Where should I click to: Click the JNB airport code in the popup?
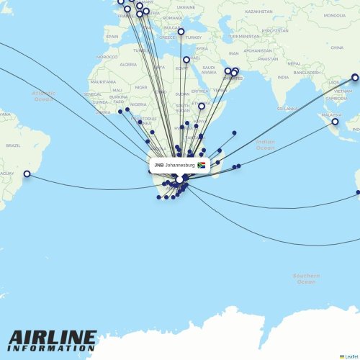(x=158, y=165)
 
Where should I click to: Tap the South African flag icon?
(x=202, y=165)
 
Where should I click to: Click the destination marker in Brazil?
(x=27, y=174)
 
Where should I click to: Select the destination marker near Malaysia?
(x=335, y=122)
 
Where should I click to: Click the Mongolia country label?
(x=334, y=15)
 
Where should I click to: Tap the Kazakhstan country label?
(x=258, y=12)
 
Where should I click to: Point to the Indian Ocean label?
(x=265, y=145)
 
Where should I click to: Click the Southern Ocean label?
(x=306, y=278)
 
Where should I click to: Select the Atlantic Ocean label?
(x=43, y=95)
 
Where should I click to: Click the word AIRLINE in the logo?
(x=52, y=337)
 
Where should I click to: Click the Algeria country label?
(x=127, y=64)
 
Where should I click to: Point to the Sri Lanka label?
(x=287, y=108)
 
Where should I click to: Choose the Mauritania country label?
(x=102, y=82)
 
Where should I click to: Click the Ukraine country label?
(x=186, y=7)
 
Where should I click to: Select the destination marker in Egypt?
(x=186, y=60)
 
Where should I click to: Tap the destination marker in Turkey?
(x=181, y=32)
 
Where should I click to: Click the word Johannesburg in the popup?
(x=180, y=165)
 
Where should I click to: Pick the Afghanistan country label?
(x=258, y=50)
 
